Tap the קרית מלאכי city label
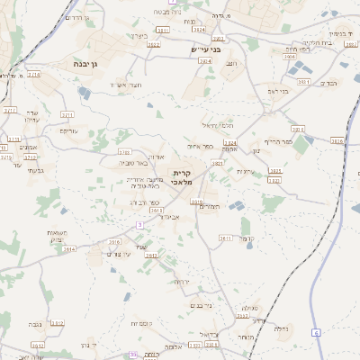184,177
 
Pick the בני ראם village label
278,90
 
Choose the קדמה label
253,238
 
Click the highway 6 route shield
317,333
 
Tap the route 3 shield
139,223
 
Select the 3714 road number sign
34,75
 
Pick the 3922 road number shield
153,44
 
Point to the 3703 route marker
124,152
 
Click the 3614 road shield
69,250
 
